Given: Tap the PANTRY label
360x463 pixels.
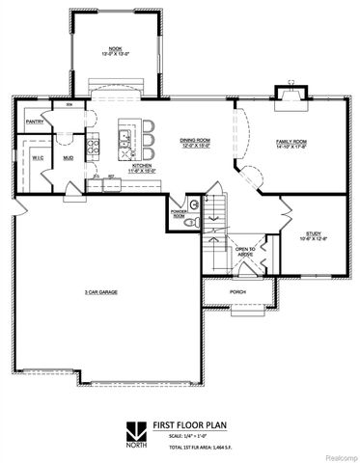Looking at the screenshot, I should [36, 123].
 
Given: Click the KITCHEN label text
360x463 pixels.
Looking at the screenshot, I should [141, 165].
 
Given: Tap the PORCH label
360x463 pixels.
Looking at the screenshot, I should [237, 291].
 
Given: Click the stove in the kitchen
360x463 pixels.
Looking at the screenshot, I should [95, 147].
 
